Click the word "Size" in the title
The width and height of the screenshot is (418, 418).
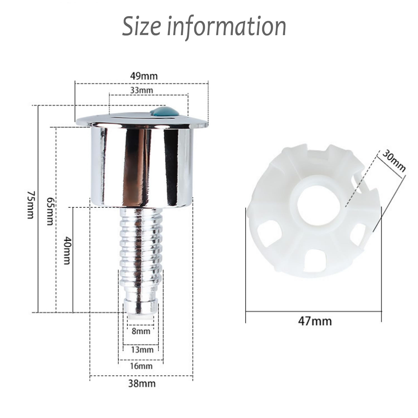point(142,26)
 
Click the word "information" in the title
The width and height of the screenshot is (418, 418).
point(227,26)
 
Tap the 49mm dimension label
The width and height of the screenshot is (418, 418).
point(144,76)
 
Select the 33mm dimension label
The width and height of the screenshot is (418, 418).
point(142,90)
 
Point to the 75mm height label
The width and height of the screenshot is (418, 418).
point(30,205)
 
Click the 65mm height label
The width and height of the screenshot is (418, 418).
point(50,211)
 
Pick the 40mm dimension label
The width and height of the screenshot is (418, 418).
point(67,251)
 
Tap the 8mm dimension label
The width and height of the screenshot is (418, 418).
point(141,331)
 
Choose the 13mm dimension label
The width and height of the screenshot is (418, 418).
point(142,349)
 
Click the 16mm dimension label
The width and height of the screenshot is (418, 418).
point(141,366)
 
